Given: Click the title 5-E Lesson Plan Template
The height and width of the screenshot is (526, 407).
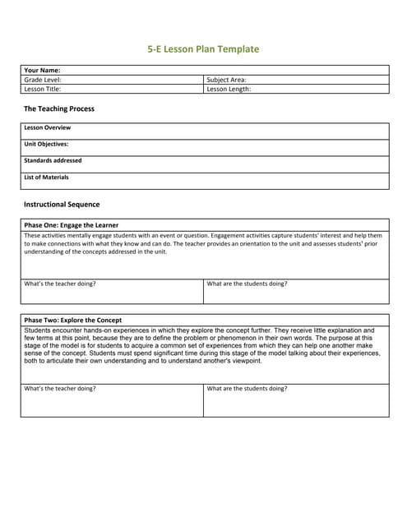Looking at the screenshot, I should (203, 49).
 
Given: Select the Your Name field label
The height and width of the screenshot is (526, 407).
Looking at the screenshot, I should (43, 71).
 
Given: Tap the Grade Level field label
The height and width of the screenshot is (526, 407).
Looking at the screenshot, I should (43, 80).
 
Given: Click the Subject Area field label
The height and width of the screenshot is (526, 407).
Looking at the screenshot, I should (227, 80).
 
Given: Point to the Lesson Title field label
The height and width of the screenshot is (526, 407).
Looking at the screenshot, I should (43, 89).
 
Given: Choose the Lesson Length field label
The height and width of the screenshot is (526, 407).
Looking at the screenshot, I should (229, 89).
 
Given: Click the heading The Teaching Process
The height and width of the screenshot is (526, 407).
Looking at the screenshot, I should (59, 108).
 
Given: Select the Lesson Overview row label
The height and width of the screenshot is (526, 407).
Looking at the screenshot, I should (48, 128).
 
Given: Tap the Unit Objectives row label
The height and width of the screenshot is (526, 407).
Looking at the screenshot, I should (47, 145).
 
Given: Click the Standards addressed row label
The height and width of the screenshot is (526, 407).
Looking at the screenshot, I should (53, 161).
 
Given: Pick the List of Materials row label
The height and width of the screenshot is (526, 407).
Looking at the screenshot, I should (47, 178).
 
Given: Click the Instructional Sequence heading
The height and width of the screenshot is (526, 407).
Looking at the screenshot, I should (62, 205).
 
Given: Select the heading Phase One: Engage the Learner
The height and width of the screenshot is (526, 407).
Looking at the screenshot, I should (72, 225).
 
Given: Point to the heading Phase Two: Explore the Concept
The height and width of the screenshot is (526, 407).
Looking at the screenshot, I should (73, 320).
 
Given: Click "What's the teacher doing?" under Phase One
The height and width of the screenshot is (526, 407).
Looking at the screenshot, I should (60, 284).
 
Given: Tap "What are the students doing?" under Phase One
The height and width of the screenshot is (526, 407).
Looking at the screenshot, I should (247, 284).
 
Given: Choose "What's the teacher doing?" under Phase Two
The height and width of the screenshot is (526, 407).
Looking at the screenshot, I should (60, 389).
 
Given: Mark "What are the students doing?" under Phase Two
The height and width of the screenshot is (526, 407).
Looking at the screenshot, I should (247, 389).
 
